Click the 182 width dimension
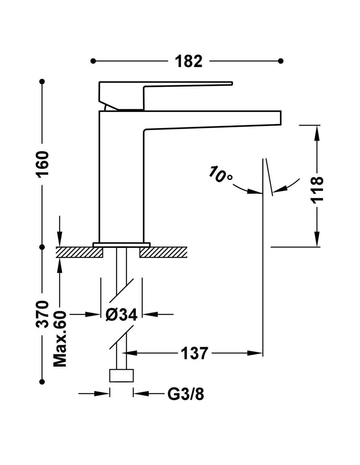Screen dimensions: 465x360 point(189,61)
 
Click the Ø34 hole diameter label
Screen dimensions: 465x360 point(121,315)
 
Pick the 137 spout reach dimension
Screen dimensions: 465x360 point(194,353)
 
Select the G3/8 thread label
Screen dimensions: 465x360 point(186,394)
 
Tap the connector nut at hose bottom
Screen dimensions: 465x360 point(121,375)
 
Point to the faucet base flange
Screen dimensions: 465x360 point(121,244)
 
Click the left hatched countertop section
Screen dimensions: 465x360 point(80,252)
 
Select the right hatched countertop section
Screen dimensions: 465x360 point(163,252)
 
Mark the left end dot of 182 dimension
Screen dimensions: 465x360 point(93,61)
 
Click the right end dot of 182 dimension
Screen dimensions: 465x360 point(280,61)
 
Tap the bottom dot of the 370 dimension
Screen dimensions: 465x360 point(42,381)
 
